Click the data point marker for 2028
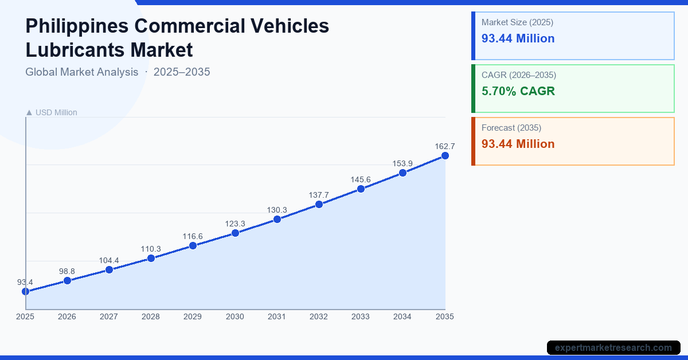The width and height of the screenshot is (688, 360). coord(151,258)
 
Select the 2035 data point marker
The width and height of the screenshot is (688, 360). coord(445,155)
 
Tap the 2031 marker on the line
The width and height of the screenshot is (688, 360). coord(277,219)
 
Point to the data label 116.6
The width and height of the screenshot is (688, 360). coord(193,236)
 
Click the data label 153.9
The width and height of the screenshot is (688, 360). coord(402,163)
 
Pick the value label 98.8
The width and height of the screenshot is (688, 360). coord(67,271)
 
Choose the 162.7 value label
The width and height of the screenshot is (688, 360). coord(444,146)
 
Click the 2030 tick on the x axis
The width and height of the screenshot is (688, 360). coord(235,316)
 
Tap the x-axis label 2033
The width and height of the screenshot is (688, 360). coord(361,316)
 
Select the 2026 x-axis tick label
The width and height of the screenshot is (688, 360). coord(67,316)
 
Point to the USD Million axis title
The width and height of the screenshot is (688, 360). coord(56,112)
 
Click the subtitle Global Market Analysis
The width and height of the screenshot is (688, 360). coord(82,72)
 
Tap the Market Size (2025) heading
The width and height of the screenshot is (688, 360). coord(517,22)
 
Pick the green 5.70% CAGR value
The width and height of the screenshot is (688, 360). coord(518,91)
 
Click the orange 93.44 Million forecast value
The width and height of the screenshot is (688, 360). coord(518,144)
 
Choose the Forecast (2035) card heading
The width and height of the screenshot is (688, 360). coord(511,128)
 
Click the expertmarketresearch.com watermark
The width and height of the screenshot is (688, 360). coord(613,347)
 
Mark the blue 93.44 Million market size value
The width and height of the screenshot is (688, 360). coord(518,38)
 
